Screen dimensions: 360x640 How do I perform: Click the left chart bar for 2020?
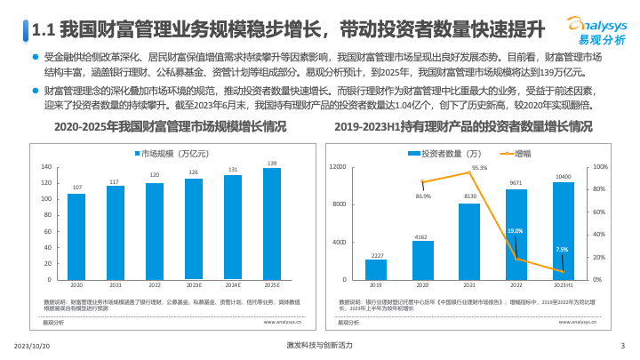click(76, 236)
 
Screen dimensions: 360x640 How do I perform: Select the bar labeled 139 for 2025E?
click(271, 223)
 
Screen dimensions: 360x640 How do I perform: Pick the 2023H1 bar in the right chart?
click(564, 231)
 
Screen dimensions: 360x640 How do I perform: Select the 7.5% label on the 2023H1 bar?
click(562, 250)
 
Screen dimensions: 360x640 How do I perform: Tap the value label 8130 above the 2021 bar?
click(469, 196)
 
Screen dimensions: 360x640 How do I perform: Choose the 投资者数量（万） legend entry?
click(449, 154)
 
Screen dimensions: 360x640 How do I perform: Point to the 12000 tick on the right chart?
click(338, 166)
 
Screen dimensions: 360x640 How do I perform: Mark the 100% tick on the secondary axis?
click(599, 166)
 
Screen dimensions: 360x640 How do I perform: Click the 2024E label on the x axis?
click(233, 285)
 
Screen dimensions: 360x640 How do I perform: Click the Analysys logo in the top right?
click(596, 32)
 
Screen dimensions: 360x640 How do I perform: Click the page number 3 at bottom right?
click(622, 345)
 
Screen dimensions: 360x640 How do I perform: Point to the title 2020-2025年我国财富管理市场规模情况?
click(171, 128)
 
